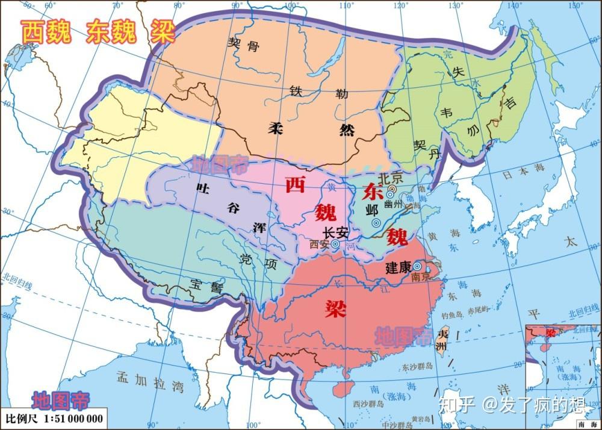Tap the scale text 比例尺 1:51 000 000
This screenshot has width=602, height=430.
point(54,418)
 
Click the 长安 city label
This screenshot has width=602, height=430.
point(337,233)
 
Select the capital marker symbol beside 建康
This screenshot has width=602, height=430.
point(417,266)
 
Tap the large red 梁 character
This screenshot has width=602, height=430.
point(332,309)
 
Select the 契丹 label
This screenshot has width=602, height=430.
point(424,150)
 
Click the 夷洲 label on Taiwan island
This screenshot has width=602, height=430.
point(443,340)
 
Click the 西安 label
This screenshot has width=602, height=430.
point(319,245)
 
